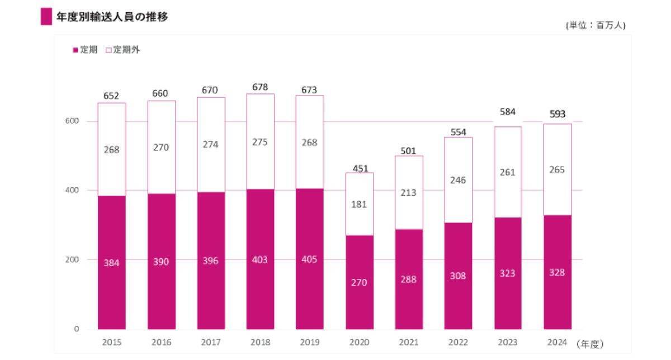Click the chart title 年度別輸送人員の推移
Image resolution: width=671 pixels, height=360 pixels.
coord(112,17)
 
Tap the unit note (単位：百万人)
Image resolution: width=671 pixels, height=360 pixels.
coord(595,26)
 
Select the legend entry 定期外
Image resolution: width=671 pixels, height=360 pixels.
coord(126,50)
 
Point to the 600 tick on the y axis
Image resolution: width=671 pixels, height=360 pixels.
coord(74,121)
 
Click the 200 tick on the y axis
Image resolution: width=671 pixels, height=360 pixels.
coord(74,259)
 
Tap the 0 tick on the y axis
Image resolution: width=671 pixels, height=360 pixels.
coord(77,329)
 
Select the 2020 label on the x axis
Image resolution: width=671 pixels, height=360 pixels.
coord(360,342)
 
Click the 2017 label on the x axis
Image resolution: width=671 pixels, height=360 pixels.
coord(211,342)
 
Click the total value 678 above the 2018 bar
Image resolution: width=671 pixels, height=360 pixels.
coord(260,87)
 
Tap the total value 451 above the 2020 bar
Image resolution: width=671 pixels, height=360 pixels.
coord(360,168)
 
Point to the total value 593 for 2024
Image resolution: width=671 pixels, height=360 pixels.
coord(557,114)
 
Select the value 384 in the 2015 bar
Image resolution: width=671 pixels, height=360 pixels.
coord(111,262)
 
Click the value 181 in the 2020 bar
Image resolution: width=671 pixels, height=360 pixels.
coord(360,205)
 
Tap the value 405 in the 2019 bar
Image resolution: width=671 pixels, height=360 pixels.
coord(310,260)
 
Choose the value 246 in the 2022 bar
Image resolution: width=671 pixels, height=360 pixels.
coord(458,180)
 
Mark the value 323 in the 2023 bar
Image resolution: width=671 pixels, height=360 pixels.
coord(508,273)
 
